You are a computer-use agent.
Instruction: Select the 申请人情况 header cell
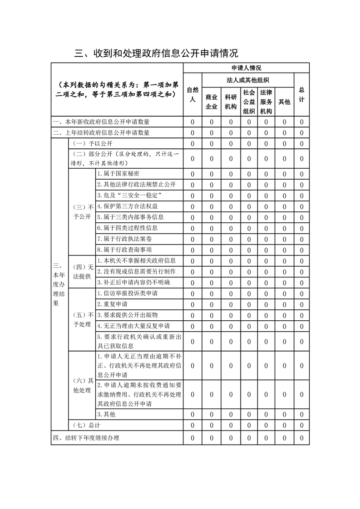246,68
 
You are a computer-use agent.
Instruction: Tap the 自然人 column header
192,94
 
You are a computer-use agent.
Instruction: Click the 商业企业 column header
212,102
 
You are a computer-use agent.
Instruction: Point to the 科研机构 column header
231,102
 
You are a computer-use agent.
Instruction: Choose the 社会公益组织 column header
249,102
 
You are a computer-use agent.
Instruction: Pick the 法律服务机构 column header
266,102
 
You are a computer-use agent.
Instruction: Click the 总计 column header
301,94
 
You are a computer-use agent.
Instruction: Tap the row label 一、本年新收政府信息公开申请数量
101,122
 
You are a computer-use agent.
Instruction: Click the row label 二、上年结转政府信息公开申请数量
101,133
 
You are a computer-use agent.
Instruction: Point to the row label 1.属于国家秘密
118,174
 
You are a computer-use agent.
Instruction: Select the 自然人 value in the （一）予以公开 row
192,144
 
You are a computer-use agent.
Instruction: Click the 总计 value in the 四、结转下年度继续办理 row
301,438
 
